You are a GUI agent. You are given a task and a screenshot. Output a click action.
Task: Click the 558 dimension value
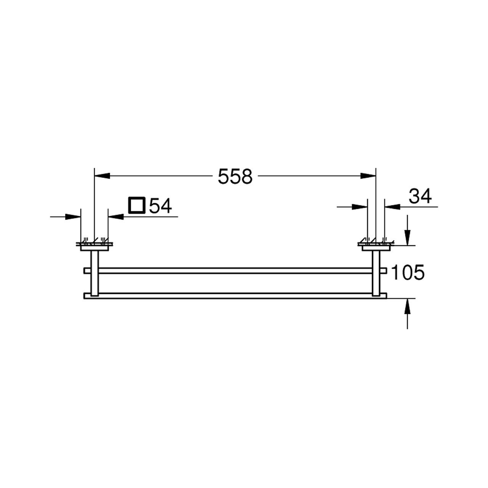[x=235, y=177]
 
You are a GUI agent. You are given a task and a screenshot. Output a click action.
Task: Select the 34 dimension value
[x=421, y=196]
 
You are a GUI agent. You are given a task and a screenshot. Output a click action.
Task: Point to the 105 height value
[x=408, y=272]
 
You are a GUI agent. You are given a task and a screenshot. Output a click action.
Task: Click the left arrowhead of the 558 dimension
[x=102, y=176]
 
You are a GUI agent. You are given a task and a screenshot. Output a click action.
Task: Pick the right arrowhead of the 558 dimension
[x=368, y=176]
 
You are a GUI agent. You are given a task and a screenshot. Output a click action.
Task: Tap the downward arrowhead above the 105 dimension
[x=407, y=238]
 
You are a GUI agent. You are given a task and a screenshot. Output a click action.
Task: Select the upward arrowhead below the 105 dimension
[x=407, y=306]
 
